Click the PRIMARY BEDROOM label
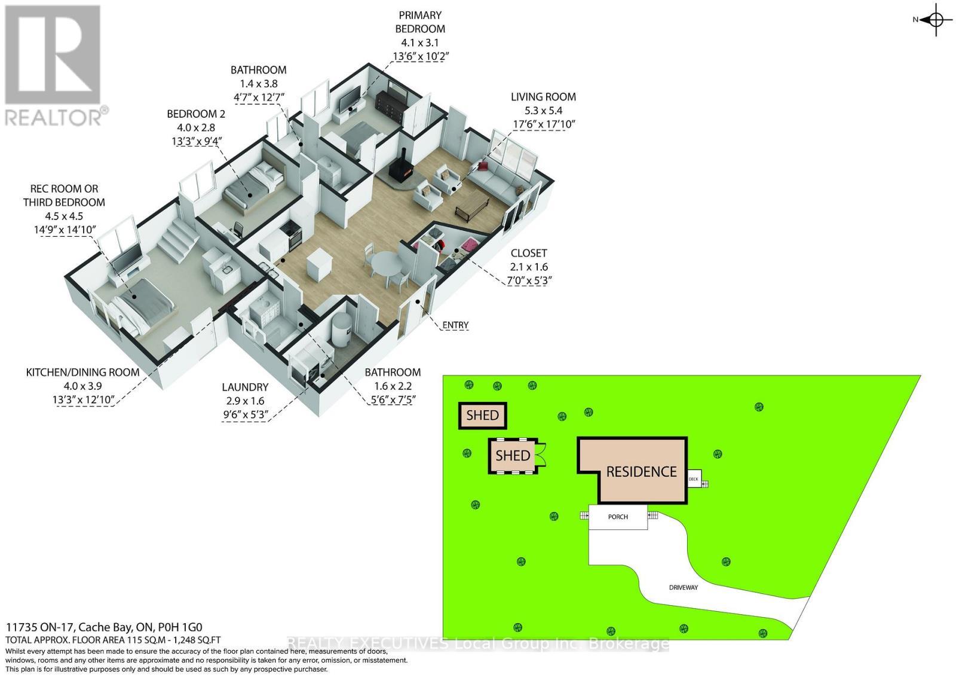pos(420,22)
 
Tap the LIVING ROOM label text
pos(543,97)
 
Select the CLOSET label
pos(528,253)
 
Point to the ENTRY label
pos(455,325)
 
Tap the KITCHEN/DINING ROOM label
pos(82,372)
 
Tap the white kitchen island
pos(317,264)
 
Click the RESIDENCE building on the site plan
pos(641,471)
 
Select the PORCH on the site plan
pos(618,517)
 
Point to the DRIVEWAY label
pos(683,587)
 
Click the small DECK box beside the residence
pos(694,478)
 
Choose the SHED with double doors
pos(513,456)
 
